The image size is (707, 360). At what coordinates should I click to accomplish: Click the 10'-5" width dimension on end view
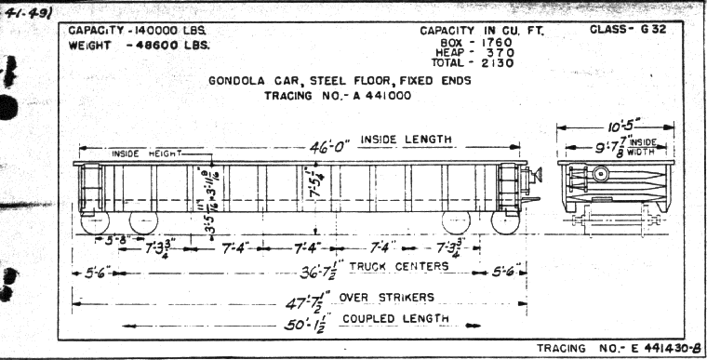click(615, 126)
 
